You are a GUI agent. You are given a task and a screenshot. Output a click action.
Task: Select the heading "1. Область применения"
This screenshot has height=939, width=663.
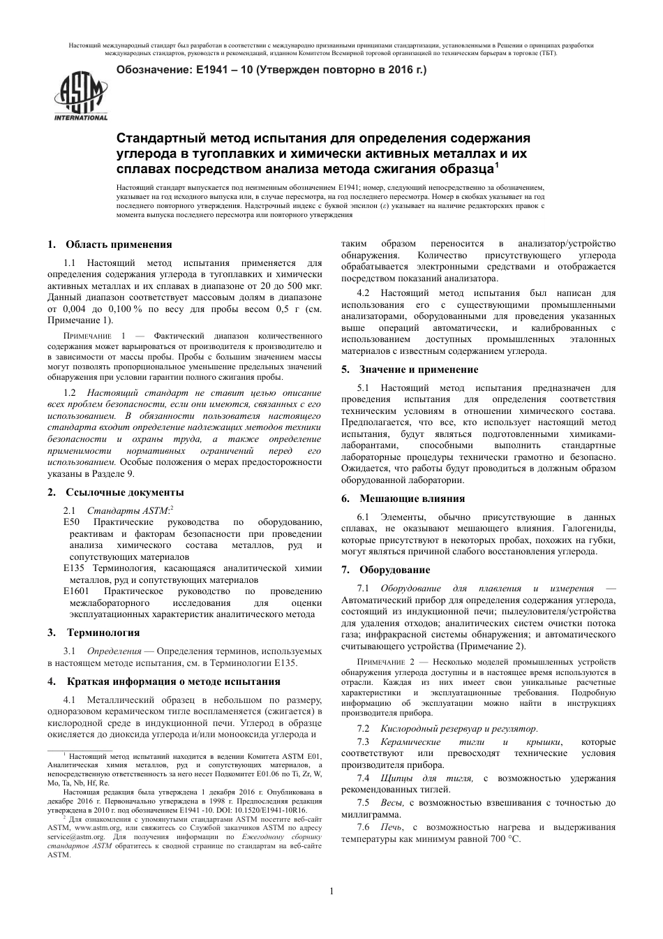(x=110, y=244)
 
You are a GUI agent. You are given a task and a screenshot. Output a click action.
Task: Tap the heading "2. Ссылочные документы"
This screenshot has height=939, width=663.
(x=115, y=492)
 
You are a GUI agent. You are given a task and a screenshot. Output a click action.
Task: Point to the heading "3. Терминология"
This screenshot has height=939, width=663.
(x=94, y=633)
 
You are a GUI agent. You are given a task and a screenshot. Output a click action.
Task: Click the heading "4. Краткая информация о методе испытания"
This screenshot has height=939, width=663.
(x=164, y=681)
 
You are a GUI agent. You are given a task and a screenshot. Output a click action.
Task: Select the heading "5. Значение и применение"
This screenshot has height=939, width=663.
(x=410, y=369)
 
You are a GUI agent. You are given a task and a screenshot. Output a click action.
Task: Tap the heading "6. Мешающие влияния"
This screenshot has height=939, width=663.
(x=403, y=498)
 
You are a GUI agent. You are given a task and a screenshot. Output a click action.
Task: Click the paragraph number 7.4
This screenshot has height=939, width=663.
(x=364, y=778)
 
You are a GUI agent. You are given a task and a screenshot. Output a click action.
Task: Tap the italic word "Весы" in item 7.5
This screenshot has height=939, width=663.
(x=392, y=803)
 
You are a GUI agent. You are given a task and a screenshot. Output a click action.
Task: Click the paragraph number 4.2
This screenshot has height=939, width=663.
(x=364, y=293)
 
